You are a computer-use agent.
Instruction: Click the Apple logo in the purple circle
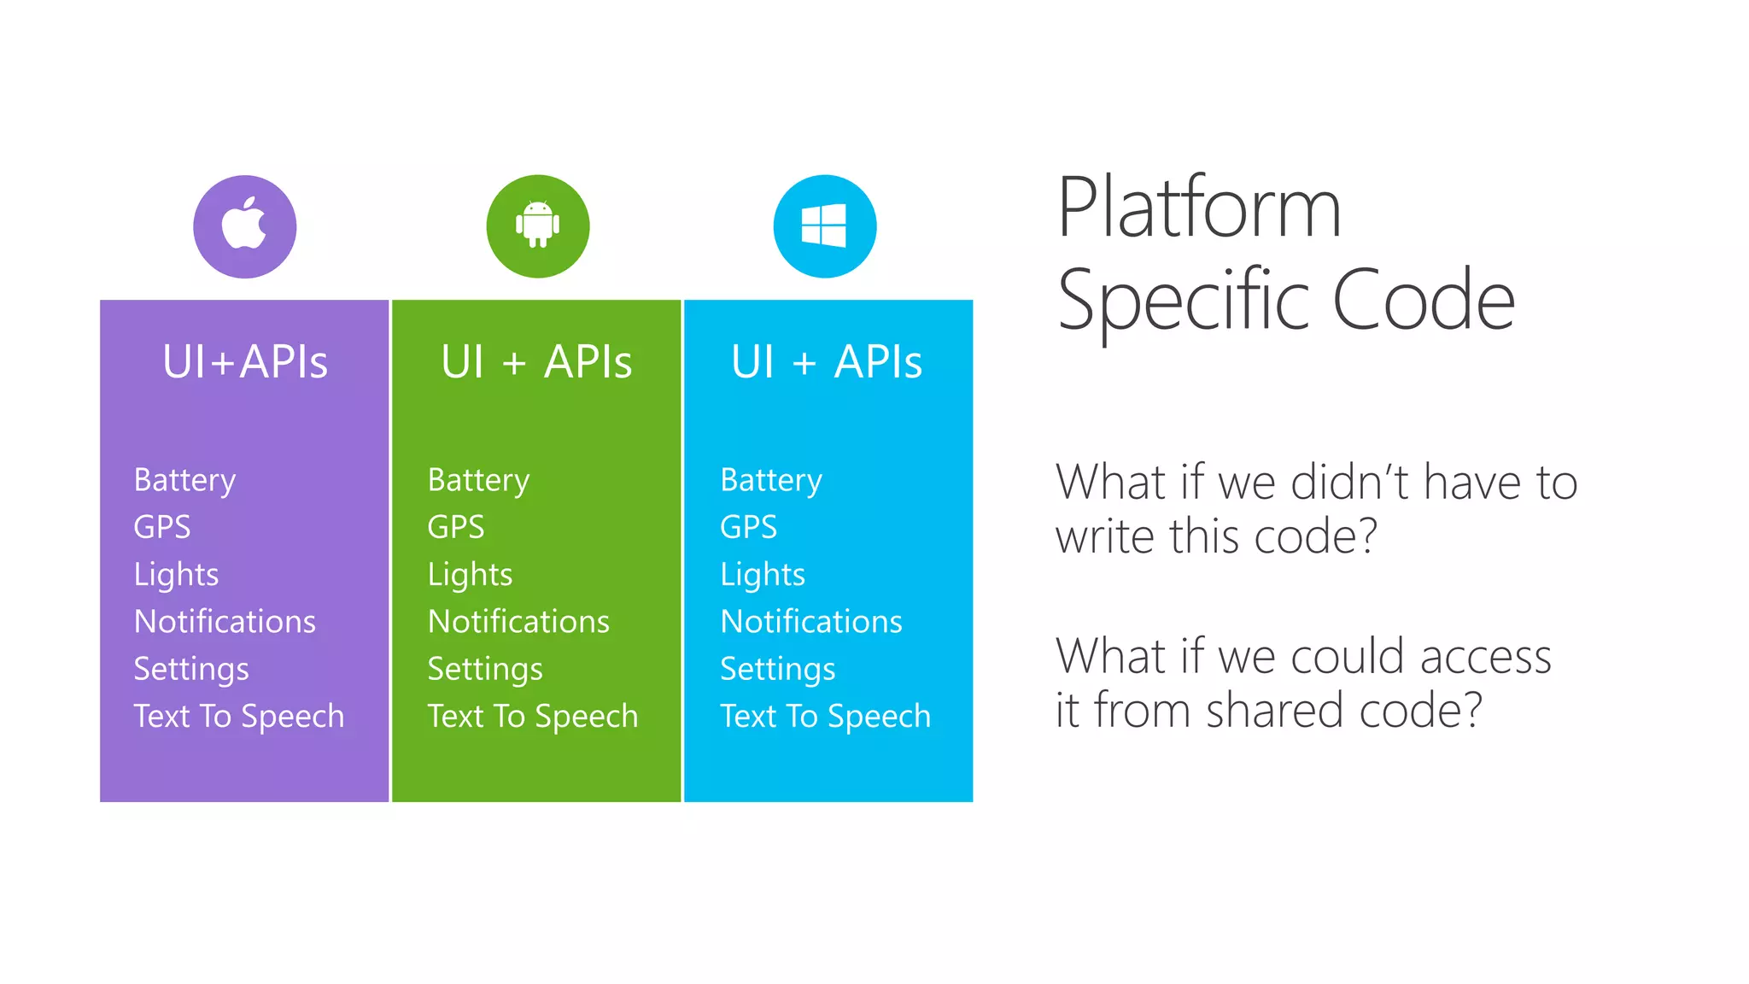[244, 225]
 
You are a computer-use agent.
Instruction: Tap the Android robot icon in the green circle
[537, 225]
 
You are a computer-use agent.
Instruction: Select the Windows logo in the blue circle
[824, 225]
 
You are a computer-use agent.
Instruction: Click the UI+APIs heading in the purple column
[245, 361]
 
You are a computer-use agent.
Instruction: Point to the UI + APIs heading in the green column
[536, 361]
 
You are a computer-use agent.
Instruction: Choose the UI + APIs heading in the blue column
[827, 361]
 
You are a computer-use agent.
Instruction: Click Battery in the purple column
[184, 480]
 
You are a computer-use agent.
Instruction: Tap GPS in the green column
[455, 527]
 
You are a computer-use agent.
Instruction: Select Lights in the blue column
[762, 574]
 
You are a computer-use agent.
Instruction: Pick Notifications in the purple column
[225, 621]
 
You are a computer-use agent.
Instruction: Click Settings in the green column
[484, 669]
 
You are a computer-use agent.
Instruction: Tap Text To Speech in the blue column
[825, 716]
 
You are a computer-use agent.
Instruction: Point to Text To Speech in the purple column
[238, 716]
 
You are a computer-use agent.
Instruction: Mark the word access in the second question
[1485, 657]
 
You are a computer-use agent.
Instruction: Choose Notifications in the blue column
[810, 621]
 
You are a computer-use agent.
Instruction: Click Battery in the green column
[478, 480]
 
